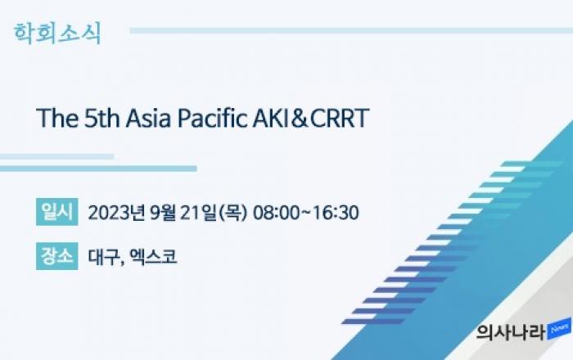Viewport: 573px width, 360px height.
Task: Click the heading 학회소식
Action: [57, 34]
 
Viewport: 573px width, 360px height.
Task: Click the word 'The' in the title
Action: [57, 118]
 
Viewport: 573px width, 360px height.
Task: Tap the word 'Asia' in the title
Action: [148, 118]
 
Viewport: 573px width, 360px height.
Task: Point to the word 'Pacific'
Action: [212, 118]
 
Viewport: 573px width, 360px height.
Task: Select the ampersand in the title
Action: [300, 119]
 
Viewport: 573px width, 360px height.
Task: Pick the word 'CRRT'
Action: [340, 118]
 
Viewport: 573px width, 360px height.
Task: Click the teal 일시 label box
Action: [57, 212]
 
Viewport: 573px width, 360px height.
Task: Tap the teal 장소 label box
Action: [57, 256]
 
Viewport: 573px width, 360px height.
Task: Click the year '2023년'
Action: [116, 213]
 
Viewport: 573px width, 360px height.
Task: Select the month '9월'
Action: [163, 213]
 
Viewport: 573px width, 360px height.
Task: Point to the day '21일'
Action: [198, 213]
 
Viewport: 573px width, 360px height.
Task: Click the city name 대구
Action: [103, 257]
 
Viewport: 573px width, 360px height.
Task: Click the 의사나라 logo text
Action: [511, 332]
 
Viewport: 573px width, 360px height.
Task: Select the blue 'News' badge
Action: [559, 329]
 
